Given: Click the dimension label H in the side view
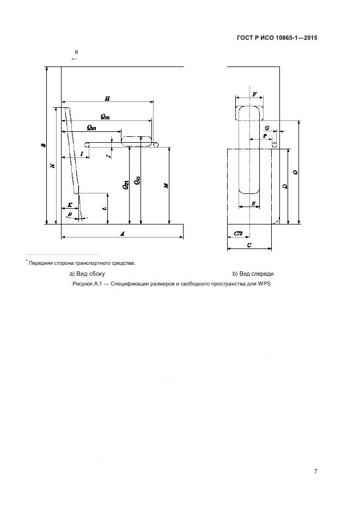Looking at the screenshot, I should [107, 98].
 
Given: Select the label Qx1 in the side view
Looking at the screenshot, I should [91, 127].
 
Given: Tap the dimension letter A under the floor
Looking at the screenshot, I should [123, 233].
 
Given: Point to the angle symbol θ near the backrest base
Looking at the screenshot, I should [69, 215].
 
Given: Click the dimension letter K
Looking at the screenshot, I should [69, 205].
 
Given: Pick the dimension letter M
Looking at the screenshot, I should [166, 185].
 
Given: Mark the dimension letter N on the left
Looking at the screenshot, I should [52, 166].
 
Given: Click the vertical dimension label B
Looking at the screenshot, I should [43, 145].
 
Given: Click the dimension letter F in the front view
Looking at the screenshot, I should [254, 94].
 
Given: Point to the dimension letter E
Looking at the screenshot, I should [254, 203].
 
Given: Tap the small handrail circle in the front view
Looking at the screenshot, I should [275, 145].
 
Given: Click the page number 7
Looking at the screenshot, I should [315, 471].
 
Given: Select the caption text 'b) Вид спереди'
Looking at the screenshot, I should [253, 274].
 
